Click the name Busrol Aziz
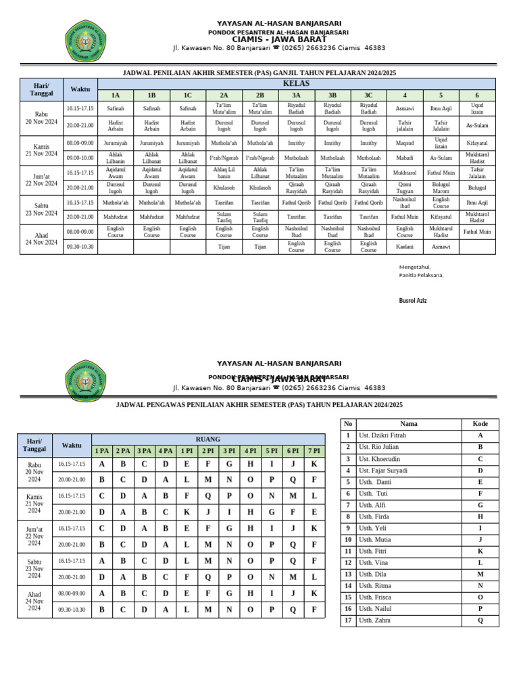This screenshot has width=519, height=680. [x=413, y=300]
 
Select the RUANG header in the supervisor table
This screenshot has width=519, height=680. [x=207, y=439]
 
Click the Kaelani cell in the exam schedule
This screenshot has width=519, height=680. [x=405, y=247]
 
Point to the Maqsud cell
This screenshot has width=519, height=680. [x=405, y=143]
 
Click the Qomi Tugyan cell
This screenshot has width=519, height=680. [x=405, y=188]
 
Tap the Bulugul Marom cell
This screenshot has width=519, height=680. [x=441, y=188]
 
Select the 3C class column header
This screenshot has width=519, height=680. [x=368, y=95]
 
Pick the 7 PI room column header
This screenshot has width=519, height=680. [x=314, y=451]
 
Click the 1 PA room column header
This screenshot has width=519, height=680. [x=101, y=451]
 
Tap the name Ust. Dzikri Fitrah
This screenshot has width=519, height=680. [x=382, y=435]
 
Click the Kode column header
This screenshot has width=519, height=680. [x=480, y=424]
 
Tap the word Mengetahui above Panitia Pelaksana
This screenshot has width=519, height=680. [x=415, y=266]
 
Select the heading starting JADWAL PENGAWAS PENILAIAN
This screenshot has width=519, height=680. [x=259, y=404]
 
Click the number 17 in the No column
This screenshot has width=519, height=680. [x=347, y=620]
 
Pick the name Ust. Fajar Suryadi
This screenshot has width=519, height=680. [x=382, y=470]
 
